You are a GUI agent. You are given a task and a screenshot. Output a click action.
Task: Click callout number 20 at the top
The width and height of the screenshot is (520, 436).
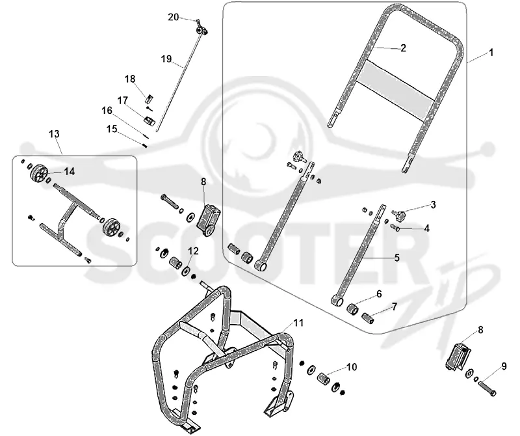(x=173, y=17)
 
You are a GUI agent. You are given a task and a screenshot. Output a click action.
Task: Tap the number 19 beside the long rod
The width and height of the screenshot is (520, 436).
(x=166, y=59)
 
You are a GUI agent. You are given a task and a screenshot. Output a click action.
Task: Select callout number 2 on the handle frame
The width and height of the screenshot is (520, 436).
(x=403, y=48)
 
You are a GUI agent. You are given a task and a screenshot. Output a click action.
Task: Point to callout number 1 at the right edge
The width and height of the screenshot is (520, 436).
(x=491, y=53)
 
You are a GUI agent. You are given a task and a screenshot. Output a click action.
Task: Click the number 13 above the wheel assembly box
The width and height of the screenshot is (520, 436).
(x=54, y=134)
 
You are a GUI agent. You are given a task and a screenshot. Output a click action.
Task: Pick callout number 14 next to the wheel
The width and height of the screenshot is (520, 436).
(x=70, y=171)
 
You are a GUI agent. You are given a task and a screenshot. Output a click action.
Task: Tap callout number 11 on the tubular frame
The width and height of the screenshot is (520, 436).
(x=298, y=322)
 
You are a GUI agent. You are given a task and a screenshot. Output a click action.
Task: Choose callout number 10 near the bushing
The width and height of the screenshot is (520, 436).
(x=352, y=366)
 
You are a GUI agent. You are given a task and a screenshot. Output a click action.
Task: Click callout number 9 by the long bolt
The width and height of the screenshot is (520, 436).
(x=504, y=366)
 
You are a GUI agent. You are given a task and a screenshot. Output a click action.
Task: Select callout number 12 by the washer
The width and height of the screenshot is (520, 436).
(x=193, y=251)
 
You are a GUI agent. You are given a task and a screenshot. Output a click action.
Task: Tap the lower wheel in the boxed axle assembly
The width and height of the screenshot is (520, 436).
(x=110, y=227)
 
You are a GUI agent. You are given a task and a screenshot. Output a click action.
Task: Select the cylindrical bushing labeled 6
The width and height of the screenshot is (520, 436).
(x=353, y=310)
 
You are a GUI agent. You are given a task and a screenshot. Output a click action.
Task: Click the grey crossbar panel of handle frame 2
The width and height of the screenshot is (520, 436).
(x=395, y=90)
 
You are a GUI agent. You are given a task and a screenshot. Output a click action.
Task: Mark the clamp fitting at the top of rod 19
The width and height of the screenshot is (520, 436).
(x=201, y=30)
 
